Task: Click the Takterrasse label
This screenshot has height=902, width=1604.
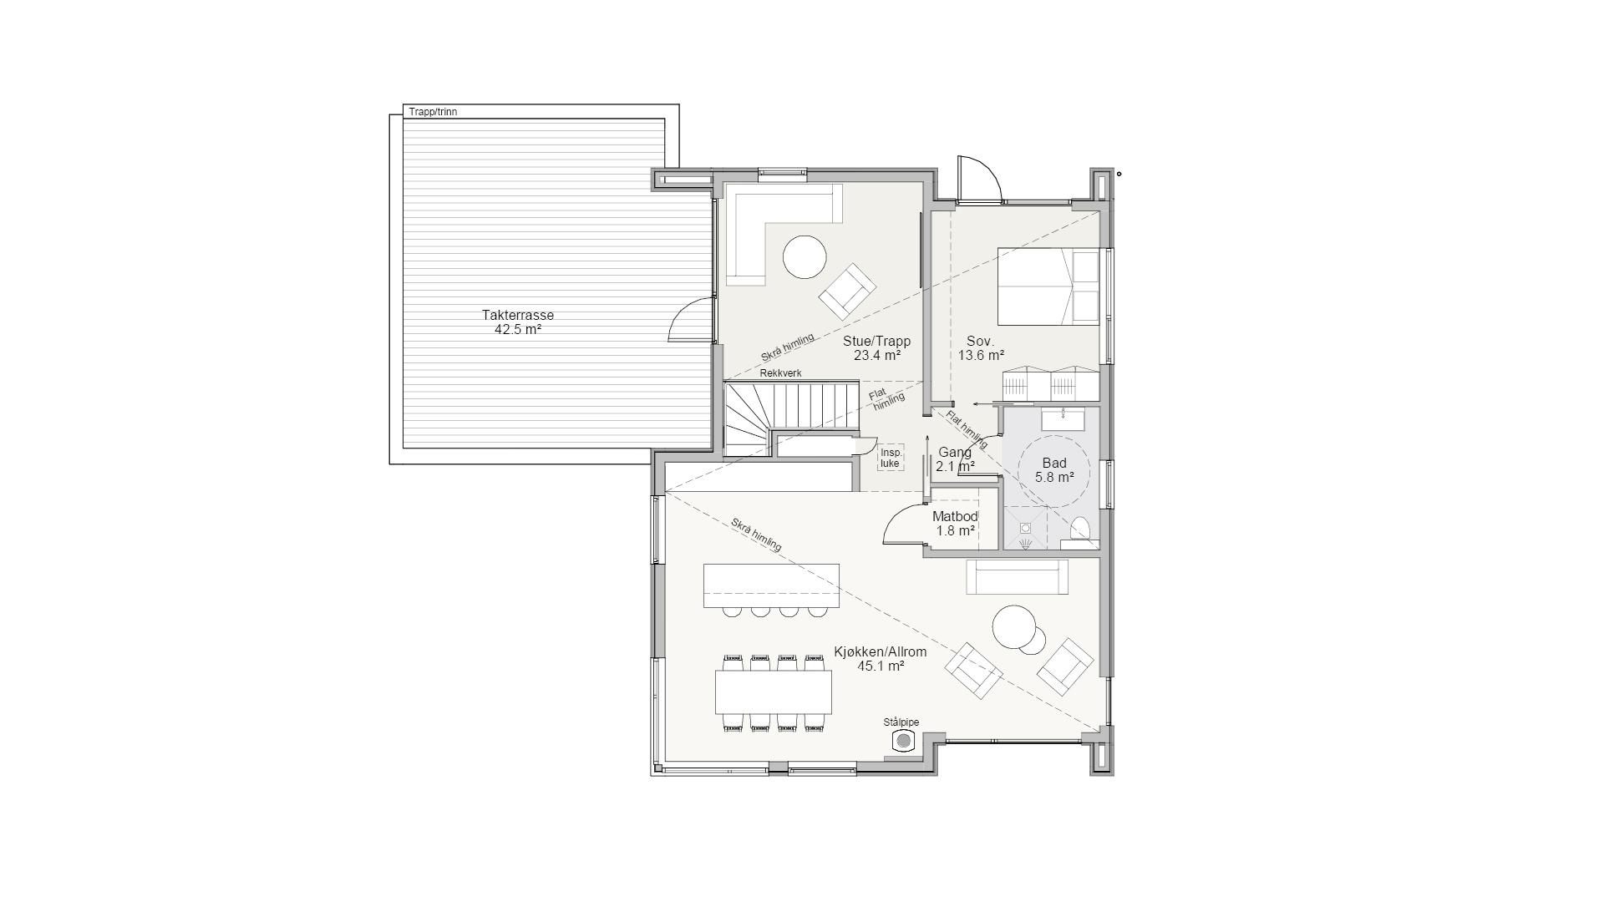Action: click(x=517, y=315)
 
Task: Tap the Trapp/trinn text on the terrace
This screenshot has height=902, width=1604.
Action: click(x=433, y=111)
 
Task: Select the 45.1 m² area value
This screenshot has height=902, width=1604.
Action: click(x=881, y=666)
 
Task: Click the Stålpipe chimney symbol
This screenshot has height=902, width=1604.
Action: click(x=903, y=741)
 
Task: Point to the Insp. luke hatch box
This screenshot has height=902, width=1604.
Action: click(x=891, y=457)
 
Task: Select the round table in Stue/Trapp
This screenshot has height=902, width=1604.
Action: click(x=805, y=256)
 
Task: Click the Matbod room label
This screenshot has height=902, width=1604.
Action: click(x=955, y=516)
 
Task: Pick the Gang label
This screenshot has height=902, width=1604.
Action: click(x=954, y=452)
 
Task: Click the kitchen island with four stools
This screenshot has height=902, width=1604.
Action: click(x=771, y=585)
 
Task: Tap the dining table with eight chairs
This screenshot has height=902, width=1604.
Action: click(x=773, y=692)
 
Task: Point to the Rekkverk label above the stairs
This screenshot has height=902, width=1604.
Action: click(x=780, y=373)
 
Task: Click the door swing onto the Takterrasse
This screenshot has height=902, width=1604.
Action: click(x=689, y=322)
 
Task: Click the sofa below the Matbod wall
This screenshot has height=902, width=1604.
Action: click(x=1017, y=576)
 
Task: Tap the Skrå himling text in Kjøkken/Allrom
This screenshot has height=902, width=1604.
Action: click(x=756, y=535)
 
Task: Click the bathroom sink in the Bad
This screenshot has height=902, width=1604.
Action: click(x=1063, y=418)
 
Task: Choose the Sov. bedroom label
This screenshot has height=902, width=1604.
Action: click(x=980, y=341)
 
